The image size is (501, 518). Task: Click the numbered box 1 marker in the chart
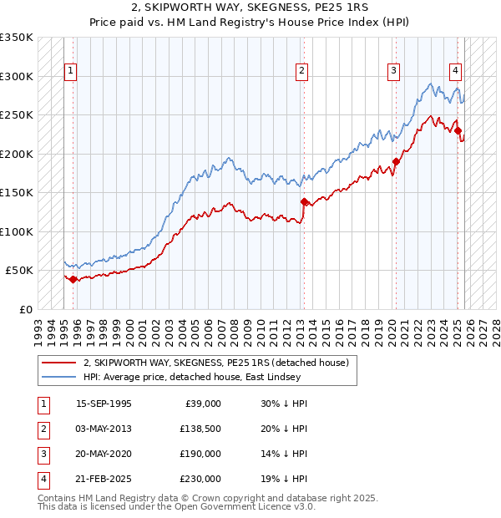[71, 72]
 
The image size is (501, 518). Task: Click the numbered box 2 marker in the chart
[301, 72]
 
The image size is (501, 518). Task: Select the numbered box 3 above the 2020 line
[392, 72]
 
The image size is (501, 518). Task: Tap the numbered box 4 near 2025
[456, 72]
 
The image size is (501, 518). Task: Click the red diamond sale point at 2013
[303, 201]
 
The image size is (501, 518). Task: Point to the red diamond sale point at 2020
[396, 161]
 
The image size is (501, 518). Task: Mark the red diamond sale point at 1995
[73, 279]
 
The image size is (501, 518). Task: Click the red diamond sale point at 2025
[458, 130]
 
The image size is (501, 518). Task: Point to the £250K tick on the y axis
[17, 115]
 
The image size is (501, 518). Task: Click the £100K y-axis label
[17, 231]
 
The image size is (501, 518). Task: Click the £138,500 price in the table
[200, 429]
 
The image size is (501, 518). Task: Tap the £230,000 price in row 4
[200, 479]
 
